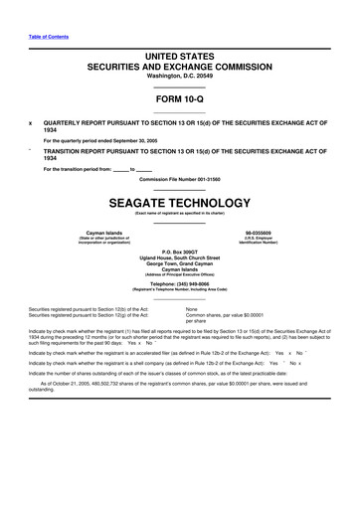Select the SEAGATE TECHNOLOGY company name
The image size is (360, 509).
179,200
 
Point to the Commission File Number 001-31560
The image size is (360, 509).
179,179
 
